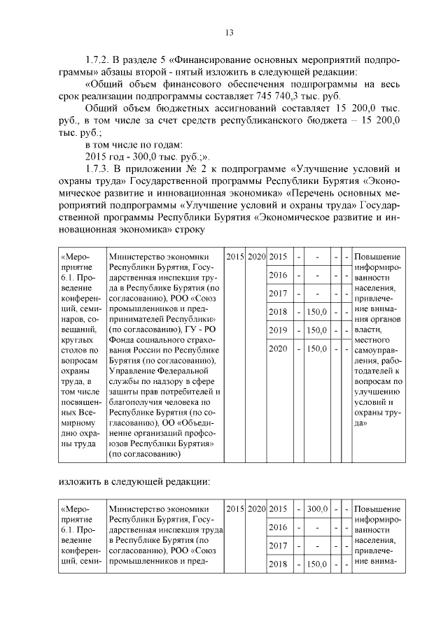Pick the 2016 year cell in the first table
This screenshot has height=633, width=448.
tap(279, 275)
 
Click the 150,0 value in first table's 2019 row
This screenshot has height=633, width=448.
tap(318, 329)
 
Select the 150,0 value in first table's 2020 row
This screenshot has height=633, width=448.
tap(318, 348)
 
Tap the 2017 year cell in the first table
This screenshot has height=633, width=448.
tap(279, 293)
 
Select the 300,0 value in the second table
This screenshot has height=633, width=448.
tap(318, 508)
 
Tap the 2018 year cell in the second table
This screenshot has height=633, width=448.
tap(279, 563)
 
